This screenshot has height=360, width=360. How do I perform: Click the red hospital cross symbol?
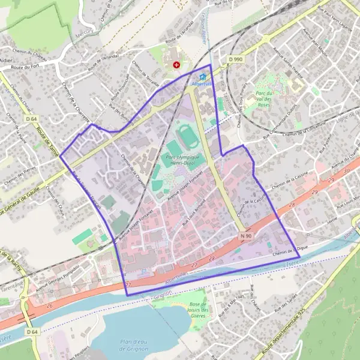click(x=176, y=64)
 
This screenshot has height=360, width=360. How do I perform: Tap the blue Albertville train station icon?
click(x=202, y=77)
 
